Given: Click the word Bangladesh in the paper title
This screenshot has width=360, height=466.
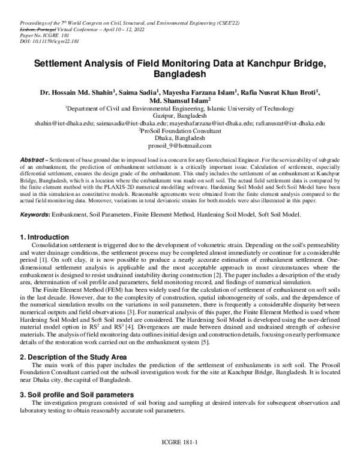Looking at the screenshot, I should pos(179,75).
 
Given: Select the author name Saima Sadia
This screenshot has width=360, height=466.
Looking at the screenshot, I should pos(134,92).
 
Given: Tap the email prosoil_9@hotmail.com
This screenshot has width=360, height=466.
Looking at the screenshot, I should pos(179,145).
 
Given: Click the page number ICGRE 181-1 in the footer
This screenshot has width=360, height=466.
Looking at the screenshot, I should pos(179,457).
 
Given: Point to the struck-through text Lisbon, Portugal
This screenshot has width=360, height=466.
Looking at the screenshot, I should pos(33,29).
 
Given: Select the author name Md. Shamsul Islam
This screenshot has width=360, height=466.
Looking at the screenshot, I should pos(178,101).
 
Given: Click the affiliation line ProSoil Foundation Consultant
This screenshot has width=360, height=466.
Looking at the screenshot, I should pos(179,130).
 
